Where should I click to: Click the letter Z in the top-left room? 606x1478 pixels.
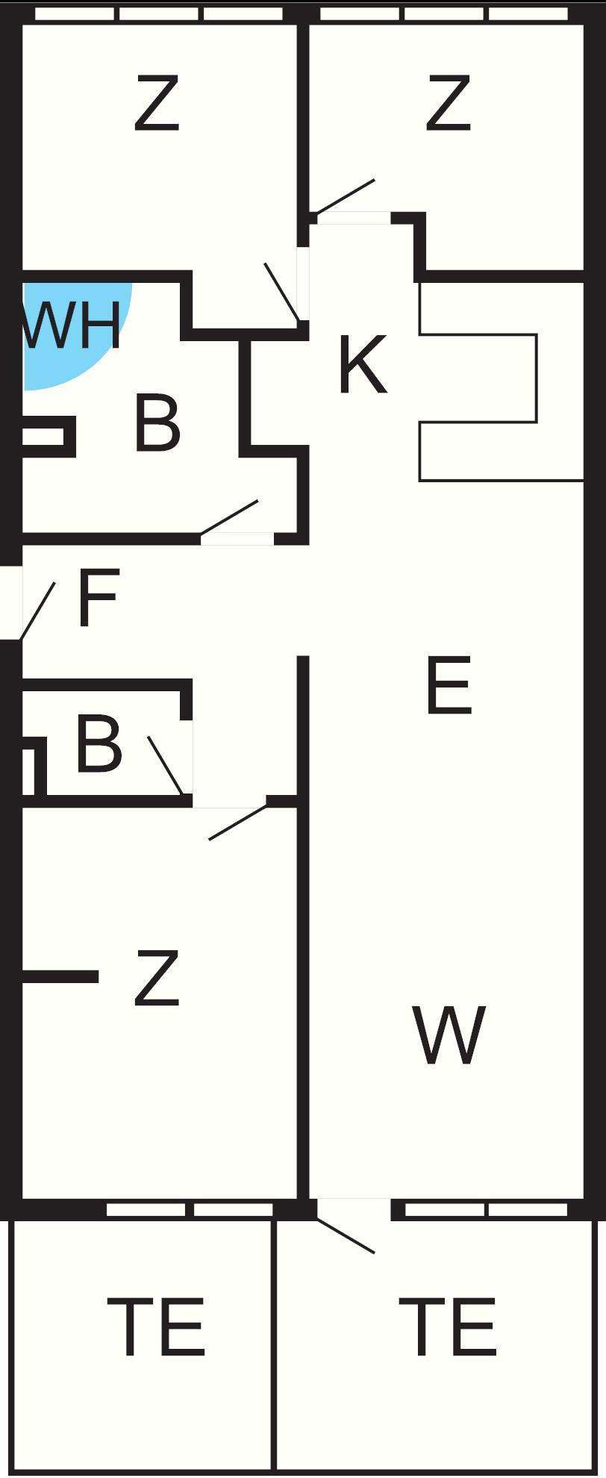157,104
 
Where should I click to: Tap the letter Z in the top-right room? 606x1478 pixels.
449,104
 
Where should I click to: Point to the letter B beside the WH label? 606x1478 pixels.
157,423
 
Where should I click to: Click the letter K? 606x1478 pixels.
363,365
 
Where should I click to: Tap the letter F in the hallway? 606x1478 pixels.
98,599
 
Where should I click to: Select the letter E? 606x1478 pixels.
449,685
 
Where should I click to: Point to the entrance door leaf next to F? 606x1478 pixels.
37,611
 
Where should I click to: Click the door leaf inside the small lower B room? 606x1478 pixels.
165,765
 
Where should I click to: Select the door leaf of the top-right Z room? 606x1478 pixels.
345,197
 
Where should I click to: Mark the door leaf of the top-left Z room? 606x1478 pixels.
283,293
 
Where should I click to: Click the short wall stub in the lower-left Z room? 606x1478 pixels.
60,976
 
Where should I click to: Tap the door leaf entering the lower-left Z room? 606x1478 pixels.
238,821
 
